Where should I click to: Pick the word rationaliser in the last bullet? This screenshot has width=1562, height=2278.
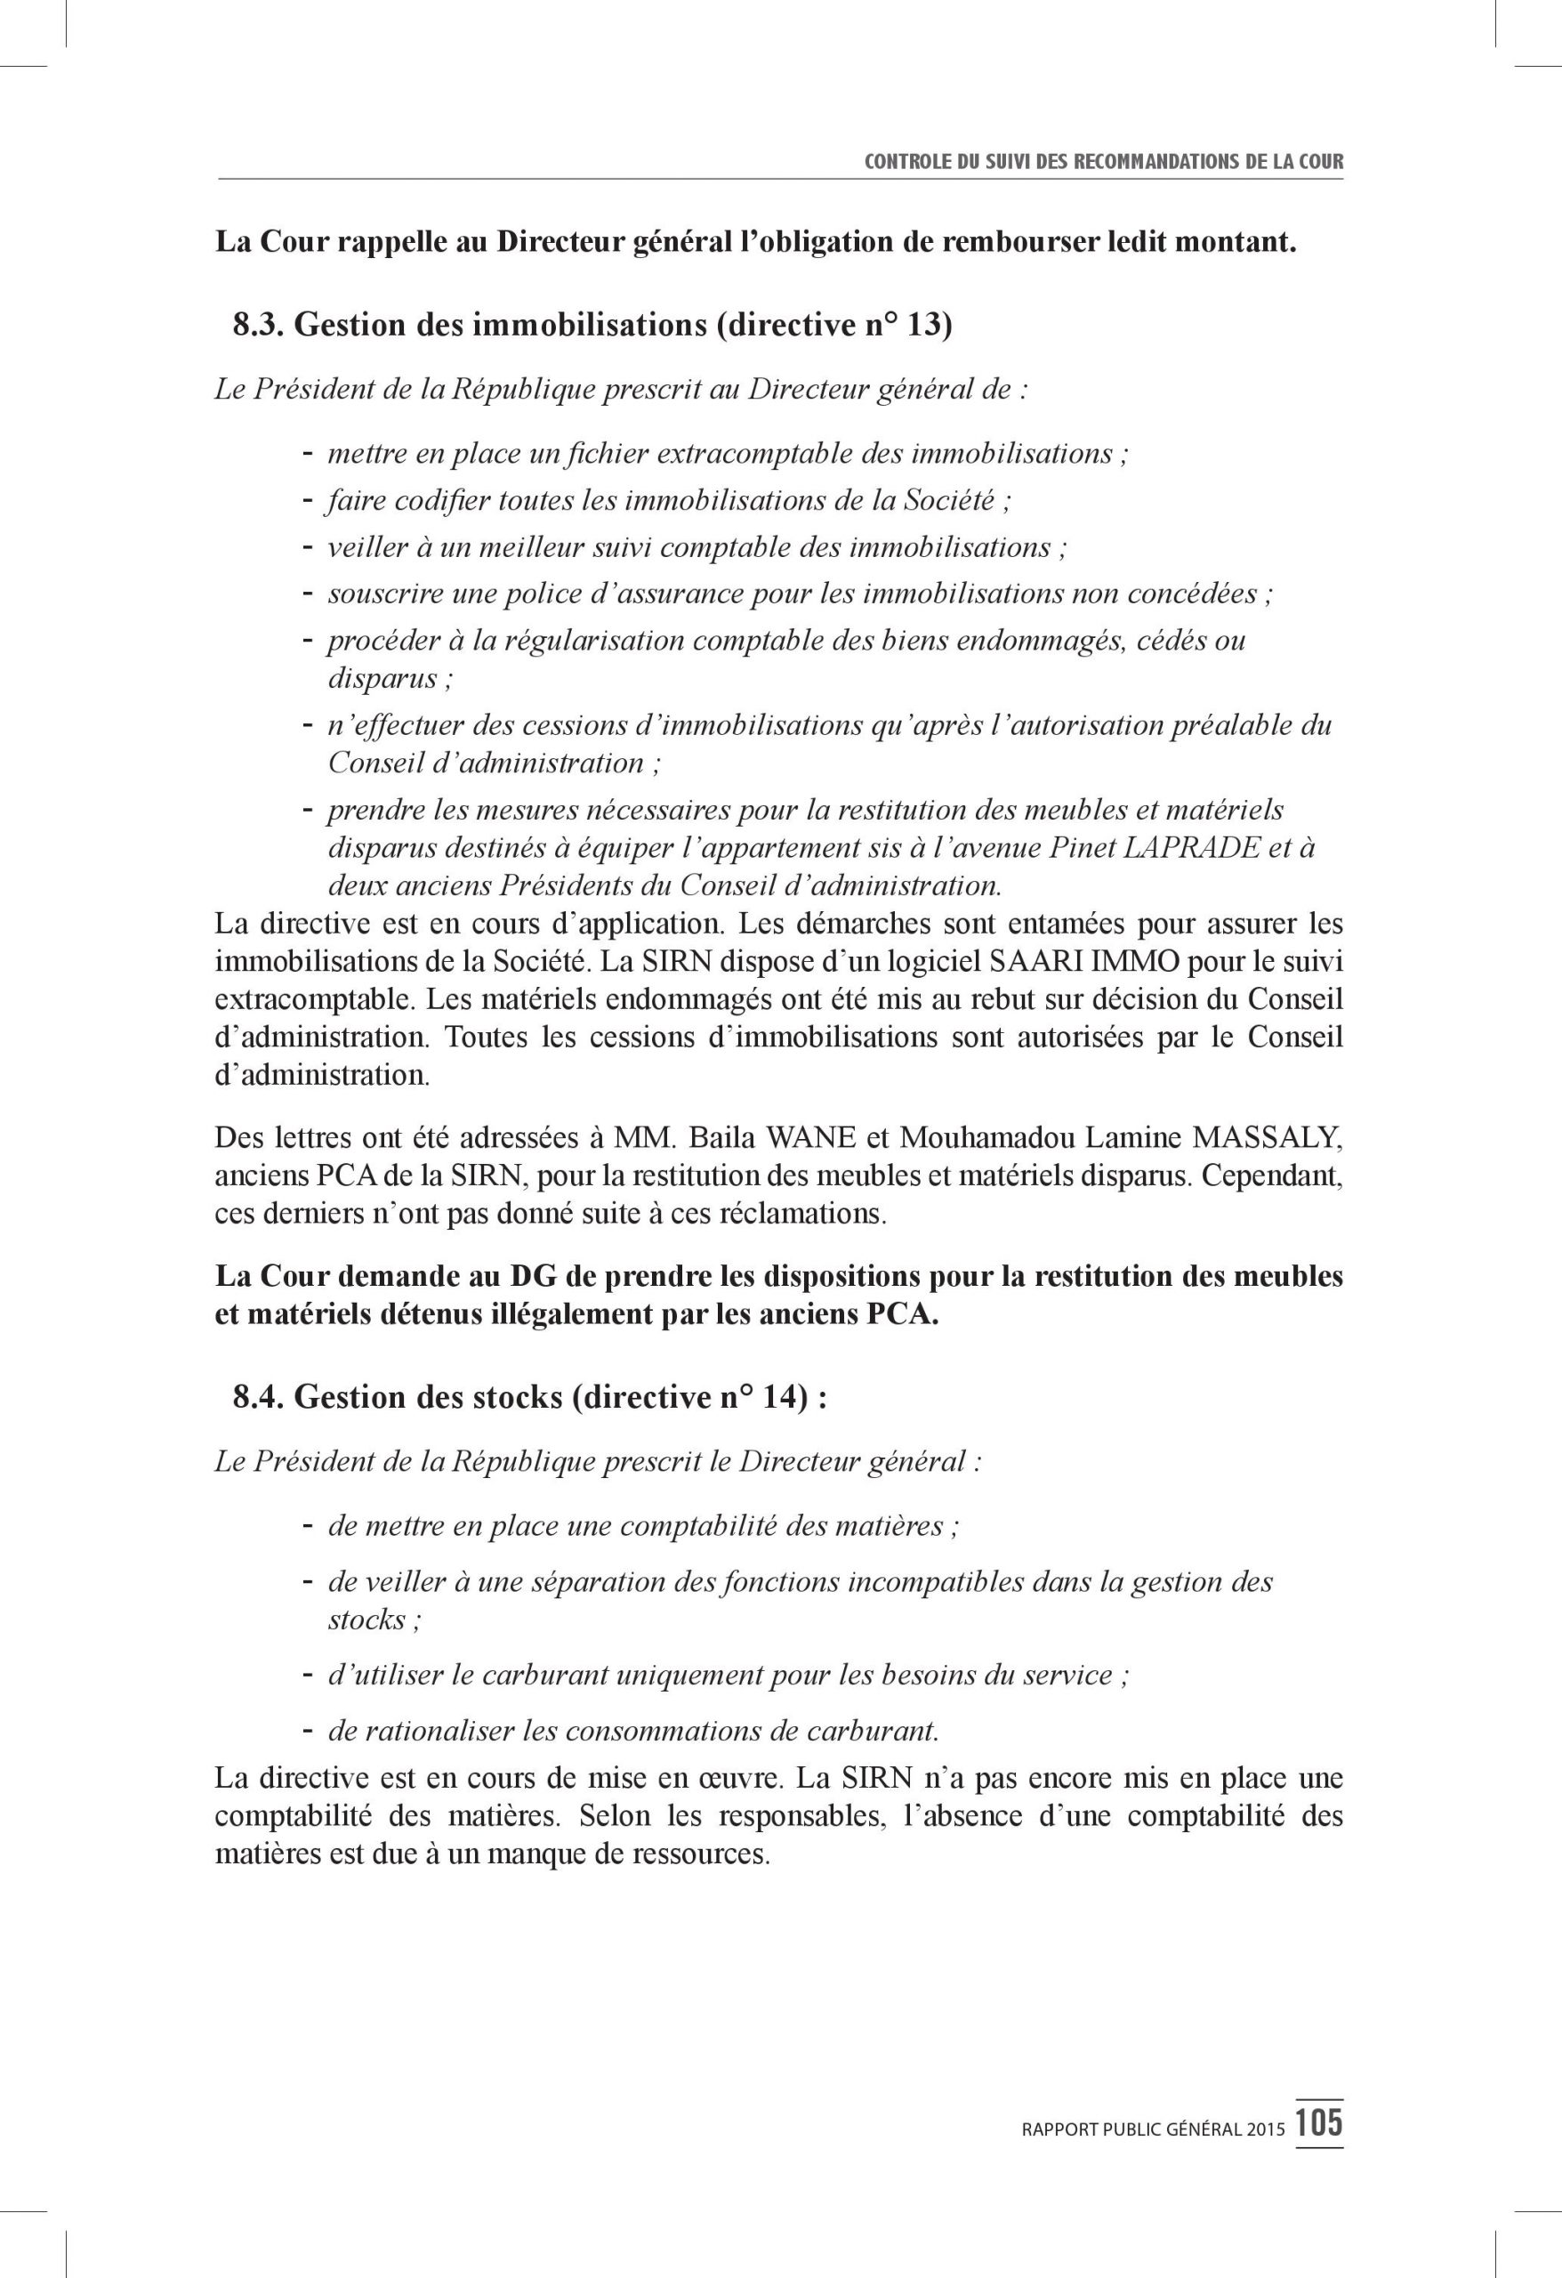[422, 1759]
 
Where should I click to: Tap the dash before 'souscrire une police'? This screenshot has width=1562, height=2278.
[307, 593]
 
